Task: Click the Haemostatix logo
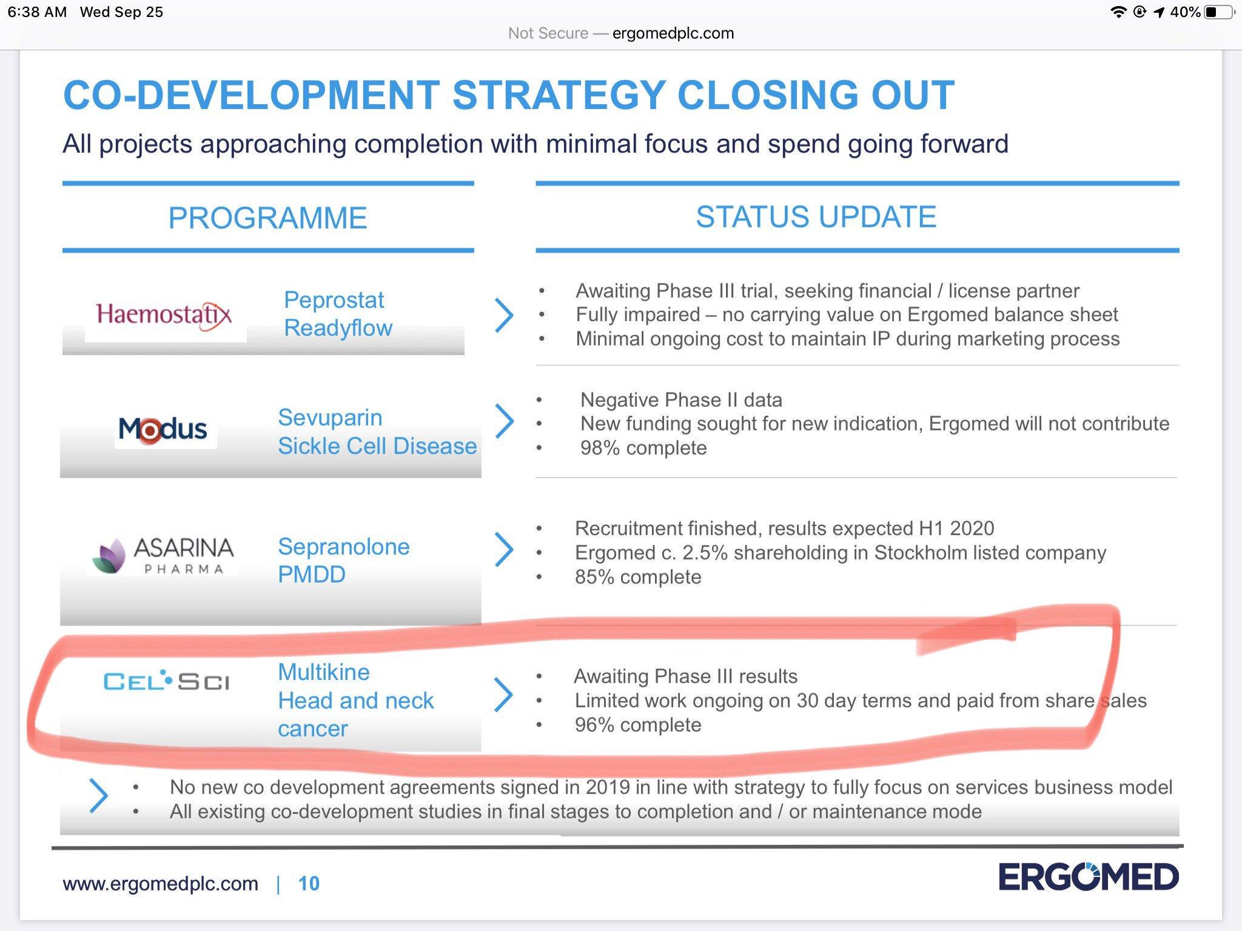click(164, 315)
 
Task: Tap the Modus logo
click(163, 429)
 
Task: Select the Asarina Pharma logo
click(163, 555)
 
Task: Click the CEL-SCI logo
click(166, 681)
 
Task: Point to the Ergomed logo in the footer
click(1089, 877)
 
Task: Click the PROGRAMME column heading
click(267, 218)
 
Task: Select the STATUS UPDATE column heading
click(816, 216)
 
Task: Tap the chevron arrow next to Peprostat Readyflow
click(504, 315)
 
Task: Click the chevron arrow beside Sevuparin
click(505, 421)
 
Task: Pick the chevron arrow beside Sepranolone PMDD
click(504, 550)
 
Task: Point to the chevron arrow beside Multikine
click(503, 695)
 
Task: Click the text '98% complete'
click(643, 448)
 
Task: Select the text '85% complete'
click(638, 577)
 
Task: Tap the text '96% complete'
click(638, 725)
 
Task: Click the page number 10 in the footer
click(309, 884)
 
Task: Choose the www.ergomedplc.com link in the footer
click(160, 884)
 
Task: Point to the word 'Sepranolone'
click(344, 547)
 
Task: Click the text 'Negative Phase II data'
click(681, 400)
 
